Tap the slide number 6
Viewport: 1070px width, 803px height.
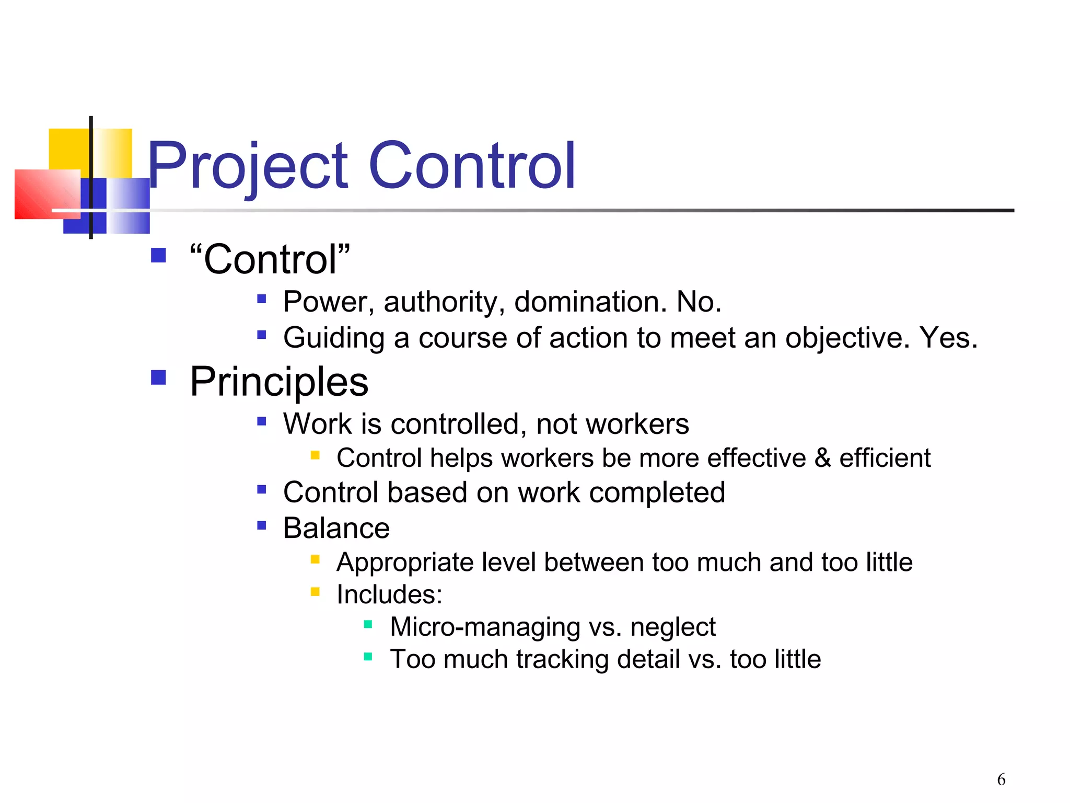[x=1001, y=779]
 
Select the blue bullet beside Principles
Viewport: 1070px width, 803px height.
[x=158, y=377]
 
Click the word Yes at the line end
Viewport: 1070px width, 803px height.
[x=948, y=338]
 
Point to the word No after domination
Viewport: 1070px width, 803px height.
[x=699, y=302]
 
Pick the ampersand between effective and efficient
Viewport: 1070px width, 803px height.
[x=822, y=458]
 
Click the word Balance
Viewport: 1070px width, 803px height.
[x=336, y=528]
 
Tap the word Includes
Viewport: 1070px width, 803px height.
[x=389, y=594]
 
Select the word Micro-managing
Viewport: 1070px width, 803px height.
[x=485, y=627]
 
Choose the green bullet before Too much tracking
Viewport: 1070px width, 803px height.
[x=368, y=657]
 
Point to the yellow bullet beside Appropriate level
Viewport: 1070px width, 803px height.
[x=315, y=560]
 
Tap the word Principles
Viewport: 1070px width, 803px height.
[x=279, y=382]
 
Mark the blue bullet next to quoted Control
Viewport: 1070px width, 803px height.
[x=158, y=255]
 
